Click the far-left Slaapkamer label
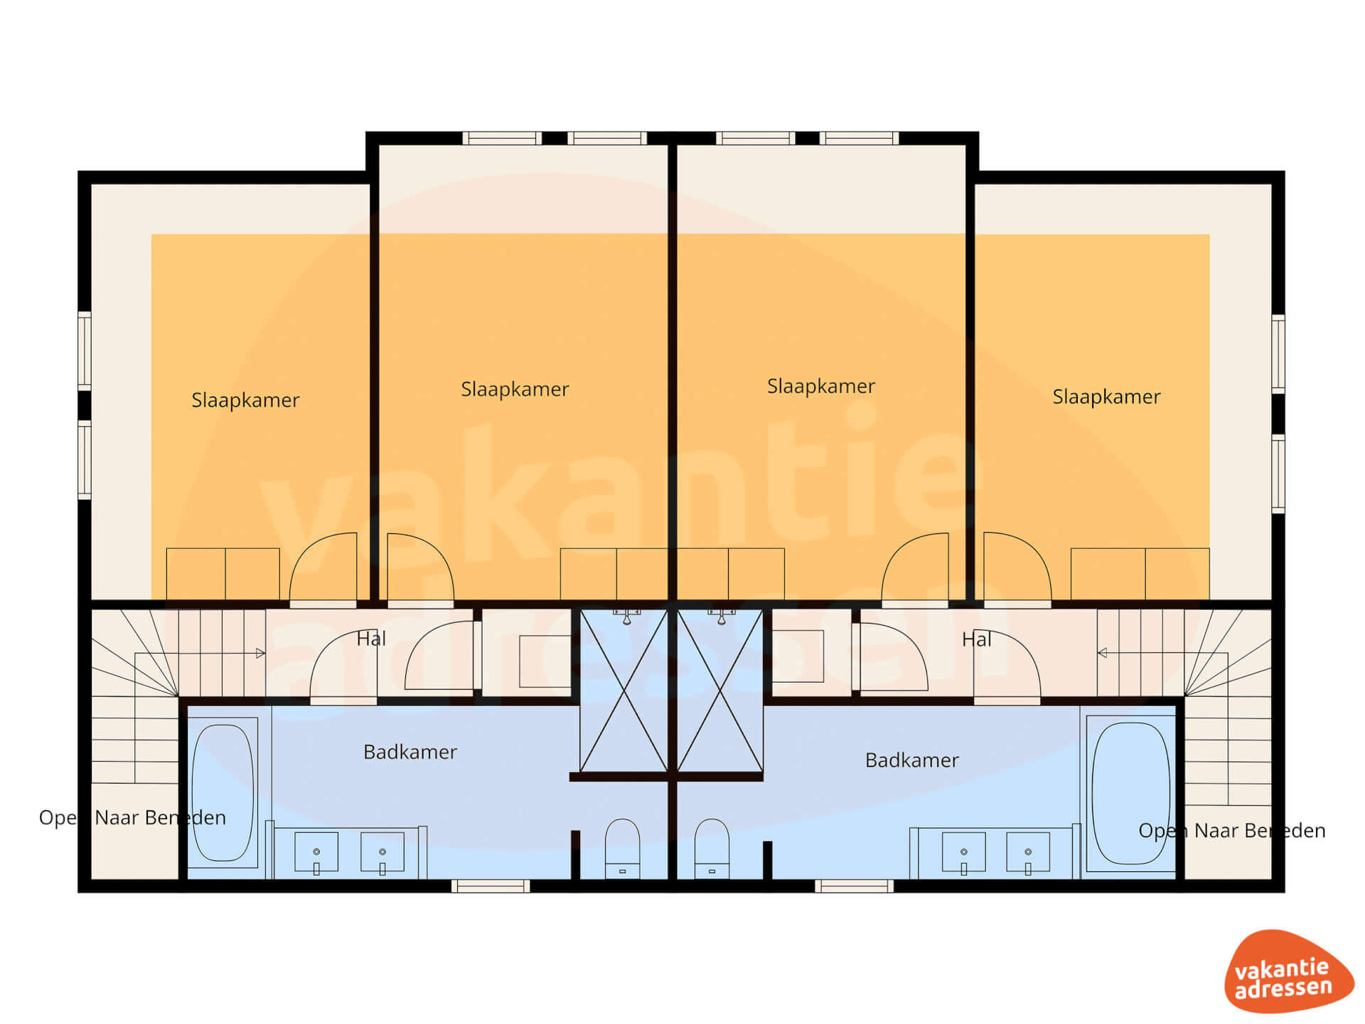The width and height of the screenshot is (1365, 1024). (245, 400)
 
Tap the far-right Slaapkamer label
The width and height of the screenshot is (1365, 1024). (1106, 396)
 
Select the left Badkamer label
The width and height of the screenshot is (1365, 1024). (410, 752)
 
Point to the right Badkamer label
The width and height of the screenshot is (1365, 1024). (912, 760)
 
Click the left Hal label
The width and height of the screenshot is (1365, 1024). (371, 639)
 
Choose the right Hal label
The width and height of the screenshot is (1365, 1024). (976, 639)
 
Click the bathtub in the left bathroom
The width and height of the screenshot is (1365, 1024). (223, 792)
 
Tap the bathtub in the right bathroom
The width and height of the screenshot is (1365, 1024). (1130, 793)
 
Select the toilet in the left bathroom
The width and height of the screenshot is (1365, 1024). (622, 848)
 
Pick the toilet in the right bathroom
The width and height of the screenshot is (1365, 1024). (712, 848)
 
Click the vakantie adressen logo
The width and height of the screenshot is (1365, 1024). (1288, 971)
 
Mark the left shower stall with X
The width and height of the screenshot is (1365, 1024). (623, 690)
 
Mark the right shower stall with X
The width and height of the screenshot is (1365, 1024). (720, 690)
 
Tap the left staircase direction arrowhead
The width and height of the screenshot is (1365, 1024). (261, 653)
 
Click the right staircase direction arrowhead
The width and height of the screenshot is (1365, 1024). (1102, 653)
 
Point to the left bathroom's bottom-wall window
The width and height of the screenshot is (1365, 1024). (491, 886)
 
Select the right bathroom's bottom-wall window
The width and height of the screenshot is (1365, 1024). (854, 886)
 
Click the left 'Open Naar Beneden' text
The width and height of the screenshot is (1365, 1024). (132, 818)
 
